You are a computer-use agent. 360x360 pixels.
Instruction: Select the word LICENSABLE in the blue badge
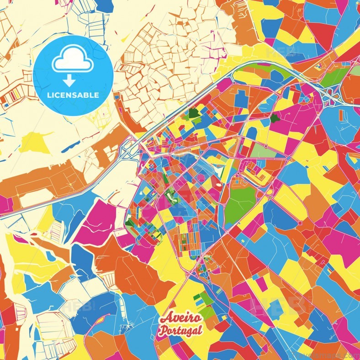pos(73,95)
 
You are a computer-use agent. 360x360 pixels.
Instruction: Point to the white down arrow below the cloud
pos(69,80)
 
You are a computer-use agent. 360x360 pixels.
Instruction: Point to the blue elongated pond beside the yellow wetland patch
pos(69,147)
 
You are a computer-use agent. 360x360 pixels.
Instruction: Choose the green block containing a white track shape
pos(170,196)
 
